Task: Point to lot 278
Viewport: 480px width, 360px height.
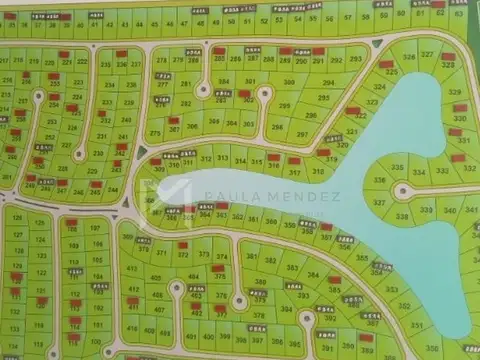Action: (x=163, y=60)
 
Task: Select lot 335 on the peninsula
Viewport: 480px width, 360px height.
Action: (x=398, y=166)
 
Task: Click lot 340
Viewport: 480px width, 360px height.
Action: (x=448, y=210)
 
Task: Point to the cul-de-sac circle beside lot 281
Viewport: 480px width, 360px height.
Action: (x=203, y=88)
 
